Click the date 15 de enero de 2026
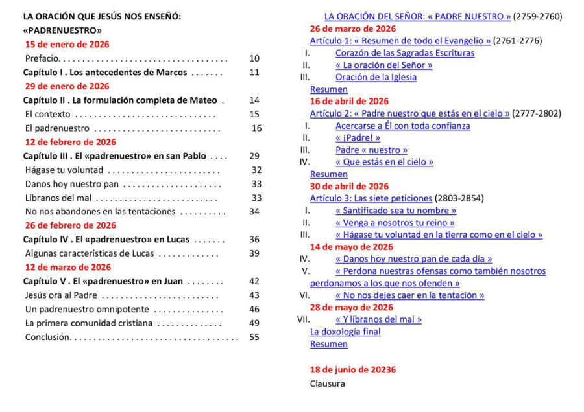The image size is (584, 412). coord(67,45)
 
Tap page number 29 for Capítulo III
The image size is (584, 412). coord(255,156)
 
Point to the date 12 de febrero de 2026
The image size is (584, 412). coord(70,142)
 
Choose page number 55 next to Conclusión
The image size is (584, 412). coord(254,337)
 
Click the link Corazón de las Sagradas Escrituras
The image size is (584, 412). coord(404,53)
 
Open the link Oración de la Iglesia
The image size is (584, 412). coord(376,77)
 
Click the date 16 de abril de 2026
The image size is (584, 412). coord(349,101)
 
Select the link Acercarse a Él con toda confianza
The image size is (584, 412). coord(402,126)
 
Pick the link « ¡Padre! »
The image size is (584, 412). coord(358,138)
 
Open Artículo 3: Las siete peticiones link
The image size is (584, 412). coord(371,198)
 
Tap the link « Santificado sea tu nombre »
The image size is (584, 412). coord(395,211)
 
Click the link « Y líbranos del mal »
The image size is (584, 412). coord(378,319)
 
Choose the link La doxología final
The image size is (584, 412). coord(345,332)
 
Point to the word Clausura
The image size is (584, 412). coord(327,383)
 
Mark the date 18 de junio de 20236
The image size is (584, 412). coord(352,370)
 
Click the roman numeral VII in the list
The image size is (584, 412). coord(303,319)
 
